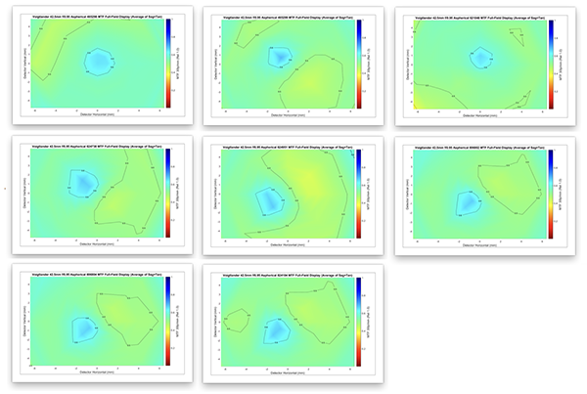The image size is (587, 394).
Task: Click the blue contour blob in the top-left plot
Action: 98,62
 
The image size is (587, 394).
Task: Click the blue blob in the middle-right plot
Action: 469,202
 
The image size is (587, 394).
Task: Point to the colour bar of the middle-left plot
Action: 169,191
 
